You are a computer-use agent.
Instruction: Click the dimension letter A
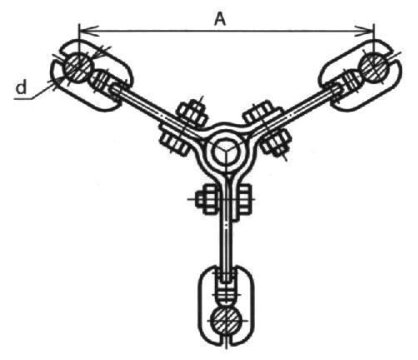(220, 20)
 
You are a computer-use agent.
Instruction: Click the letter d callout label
(21, 87)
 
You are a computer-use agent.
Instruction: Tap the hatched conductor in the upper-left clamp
(77, 67)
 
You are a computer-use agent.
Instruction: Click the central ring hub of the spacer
(226, 152)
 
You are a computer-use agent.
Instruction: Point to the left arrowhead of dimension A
(89, 31)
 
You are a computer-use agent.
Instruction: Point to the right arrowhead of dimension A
(365, 31)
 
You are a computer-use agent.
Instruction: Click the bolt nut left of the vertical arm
(207, 199)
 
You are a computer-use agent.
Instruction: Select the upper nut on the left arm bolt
(192, 113)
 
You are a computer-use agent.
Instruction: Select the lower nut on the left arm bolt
(173, 140)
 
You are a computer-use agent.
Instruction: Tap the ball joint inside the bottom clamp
(226, 295)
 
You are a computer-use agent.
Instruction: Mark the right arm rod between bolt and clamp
(309, 106)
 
